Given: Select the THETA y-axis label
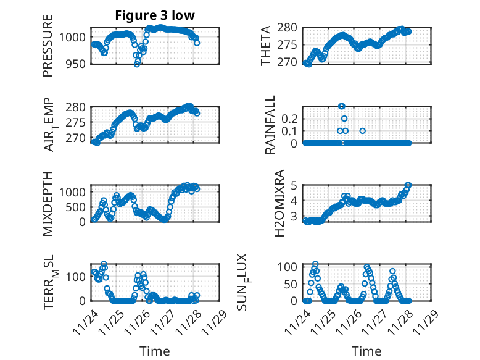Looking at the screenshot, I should click(266, 46).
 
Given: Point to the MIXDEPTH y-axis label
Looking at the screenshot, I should click(48, 203).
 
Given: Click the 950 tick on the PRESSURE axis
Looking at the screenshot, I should click(78, 64).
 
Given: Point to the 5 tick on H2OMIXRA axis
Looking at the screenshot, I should click(295, 185).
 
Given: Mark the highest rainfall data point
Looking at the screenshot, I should click(342, 106).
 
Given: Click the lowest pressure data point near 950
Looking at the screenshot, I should click(137, 64).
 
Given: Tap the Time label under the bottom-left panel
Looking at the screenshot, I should click(155, 351).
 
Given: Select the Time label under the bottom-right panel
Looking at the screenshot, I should click(366, 351).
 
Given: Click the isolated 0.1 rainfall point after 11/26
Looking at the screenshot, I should click(363, 131).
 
